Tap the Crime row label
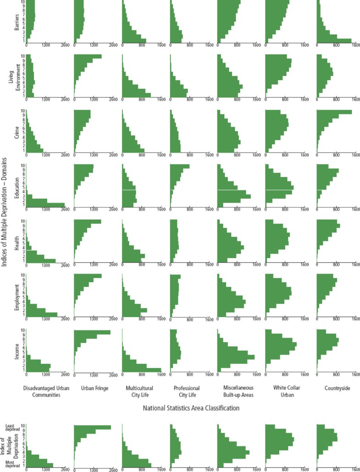[17, 131]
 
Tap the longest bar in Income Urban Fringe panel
[92, 332]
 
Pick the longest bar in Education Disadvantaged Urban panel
[45, 204]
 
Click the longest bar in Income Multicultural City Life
[142, 370]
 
